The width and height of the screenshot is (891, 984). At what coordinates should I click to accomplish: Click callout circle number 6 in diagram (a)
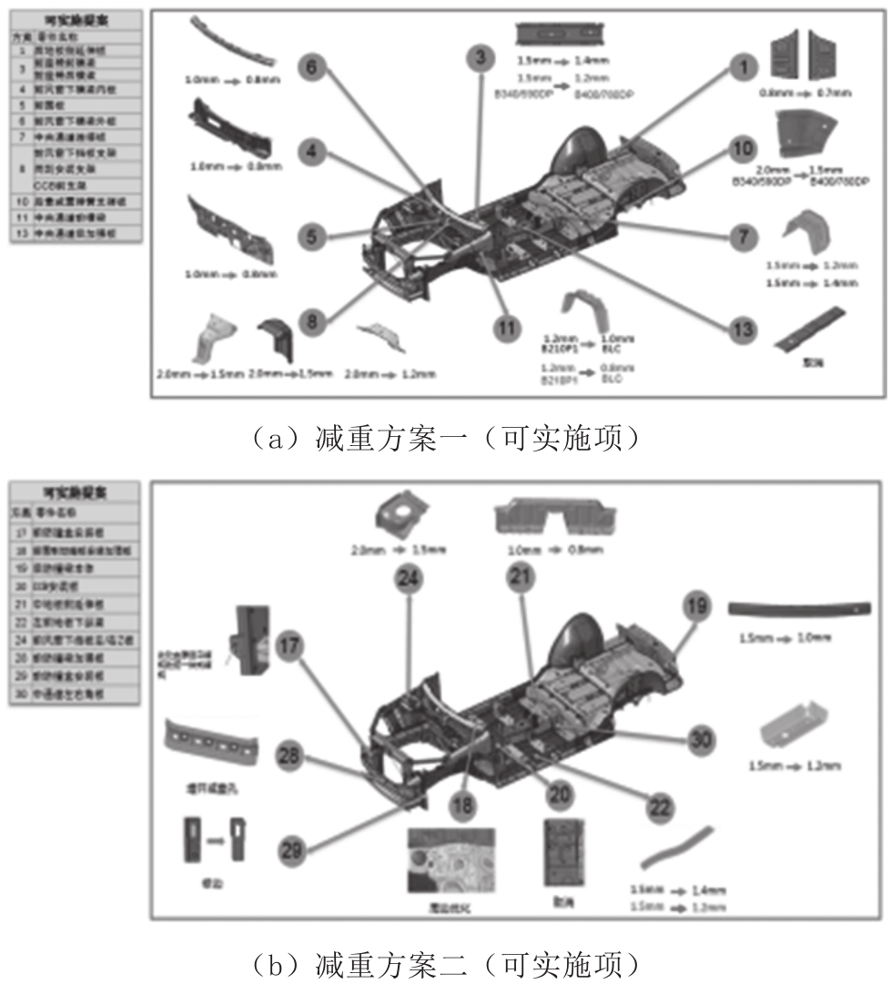(x=311, y=67)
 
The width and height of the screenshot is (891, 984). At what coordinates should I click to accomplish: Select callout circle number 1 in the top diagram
(x=744, y=66)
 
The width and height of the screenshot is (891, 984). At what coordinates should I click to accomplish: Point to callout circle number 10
(x=744, y=149)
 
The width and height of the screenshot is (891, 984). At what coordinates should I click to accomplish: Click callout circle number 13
(x=744, y=327)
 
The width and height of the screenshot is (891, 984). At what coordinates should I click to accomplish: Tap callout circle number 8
(x=311, y=321)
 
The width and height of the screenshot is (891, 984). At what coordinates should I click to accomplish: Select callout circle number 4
(x=311, y=152)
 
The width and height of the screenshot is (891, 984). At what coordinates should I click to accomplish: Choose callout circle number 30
(x=700, y=740)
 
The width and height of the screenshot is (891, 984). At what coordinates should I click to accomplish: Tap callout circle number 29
(x=290, y=850)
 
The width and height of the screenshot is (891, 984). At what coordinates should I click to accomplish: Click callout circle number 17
(x=290, y=644)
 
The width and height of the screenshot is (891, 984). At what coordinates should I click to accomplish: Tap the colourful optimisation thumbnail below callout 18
(x=451, y=858)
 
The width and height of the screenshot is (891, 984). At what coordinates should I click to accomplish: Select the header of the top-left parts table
(x=76, y=19)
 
